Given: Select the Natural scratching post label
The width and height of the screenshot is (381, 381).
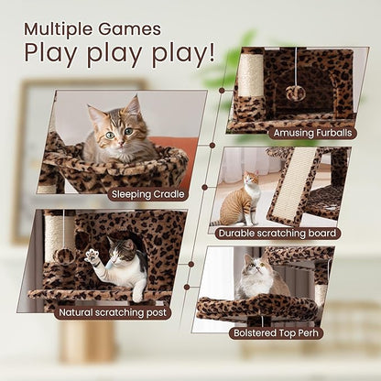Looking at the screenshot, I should pyautogui.click(x=113, y=312).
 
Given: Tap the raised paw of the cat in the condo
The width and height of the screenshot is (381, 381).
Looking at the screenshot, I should pyautogui.click(x=92, y=256).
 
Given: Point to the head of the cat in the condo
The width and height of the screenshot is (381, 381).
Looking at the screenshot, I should pyautogui.click(x=122, y=249).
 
